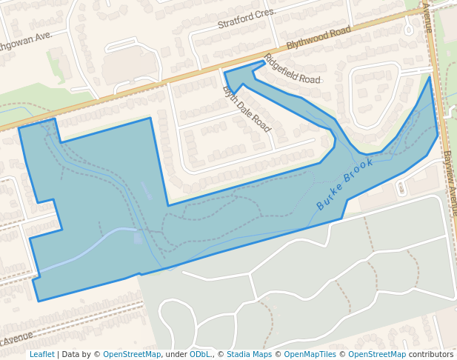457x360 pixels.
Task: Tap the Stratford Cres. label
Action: [247, 19]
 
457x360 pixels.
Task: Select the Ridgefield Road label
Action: [292, 70]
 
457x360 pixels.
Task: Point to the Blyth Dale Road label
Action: [247, 109]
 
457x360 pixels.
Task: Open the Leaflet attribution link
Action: [41, 354]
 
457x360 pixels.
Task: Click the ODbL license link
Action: [200, 354]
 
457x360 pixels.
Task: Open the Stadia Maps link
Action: [249, 354]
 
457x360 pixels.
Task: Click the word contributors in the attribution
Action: [431, 354]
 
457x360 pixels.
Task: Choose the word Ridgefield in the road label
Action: [282, 65]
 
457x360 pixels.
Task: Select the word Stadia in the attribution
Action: [238, 354]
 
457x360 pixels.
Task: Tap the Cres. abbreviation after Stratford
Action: [266, 13]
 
